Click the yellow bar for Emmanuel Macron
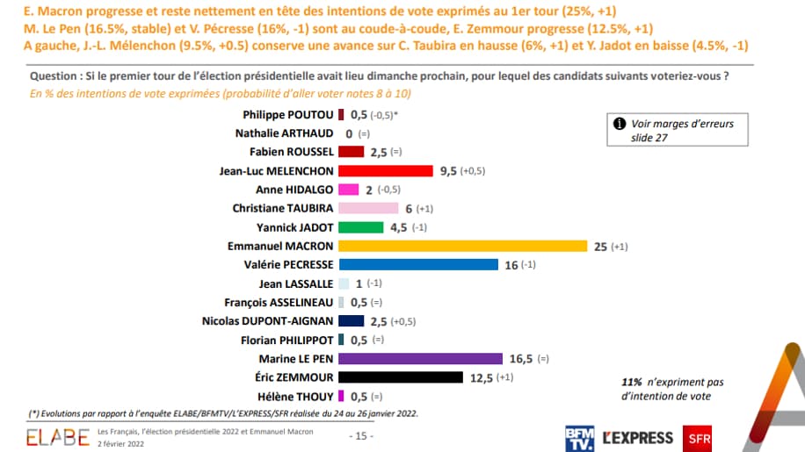pyautogui.click(x=462, y=246)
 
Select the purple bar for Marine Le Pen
pyautogui.click(x=420, y=358)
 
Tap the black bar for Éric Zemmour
pyautogui.click(x=401, y=377)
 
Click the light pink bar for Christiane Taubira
pyautogui.click(x=367, y=208)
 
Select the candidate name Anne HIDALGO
pyautogui.click(x=294, y=190)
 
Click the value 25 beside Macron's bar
pyautogui.click(x=601, y=246)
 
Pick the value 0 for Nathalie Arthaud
pyautogui.click(x=349, y=133)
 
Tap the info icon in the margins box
pyautogui.click(x=619, y=124)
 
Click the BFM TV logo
pyautogui.click(x=580, y=437)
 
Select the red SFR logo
pyautogui.click(x=700, y=437)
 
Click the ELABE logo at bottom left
pyautogui.click(x=58, y=436)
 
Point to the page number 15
pyautogui.click(x=361, y=436)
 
